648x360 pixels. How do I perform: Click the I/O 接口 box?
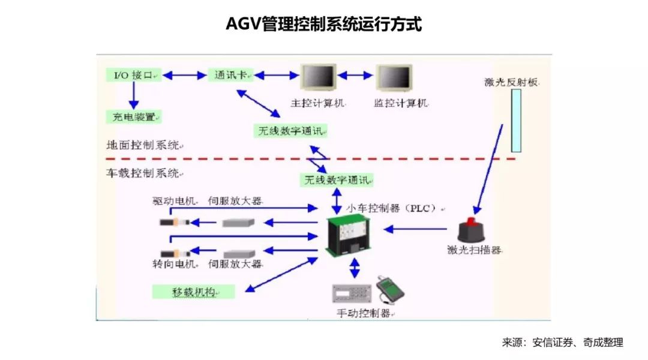pos(134,75)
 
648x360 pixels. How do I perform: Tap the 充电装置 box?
pos(133,116)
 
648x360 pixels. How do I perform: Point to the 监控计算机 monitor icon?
pos(393,79)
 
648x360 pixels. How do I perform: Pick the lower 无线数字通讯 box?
pos(337,179)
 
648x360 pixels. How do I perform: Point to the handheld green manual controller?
pos(389,289)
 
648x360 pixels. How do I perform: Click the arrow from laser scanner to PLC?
pos(416,229)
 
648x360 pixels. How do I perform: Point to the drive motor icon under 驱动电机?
pos(175,223)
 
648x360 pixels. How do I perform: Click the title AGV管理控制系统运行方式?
pos(323,25)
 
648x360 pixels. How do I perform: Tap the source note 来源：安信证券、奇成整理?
pos(562,343)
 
